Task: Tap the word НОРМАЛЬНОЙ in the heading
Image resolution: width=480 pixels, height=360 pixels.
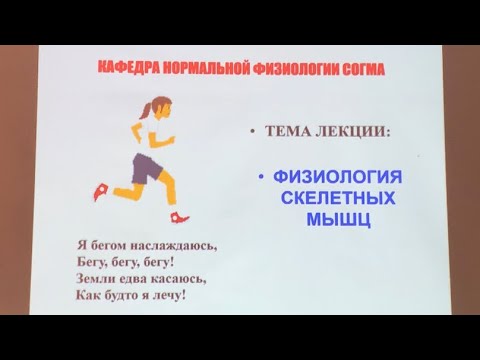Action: pos(186,69)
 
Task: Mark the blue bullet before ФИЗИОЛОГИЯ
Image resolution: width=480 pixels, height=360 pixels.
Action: pos(261,178)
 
